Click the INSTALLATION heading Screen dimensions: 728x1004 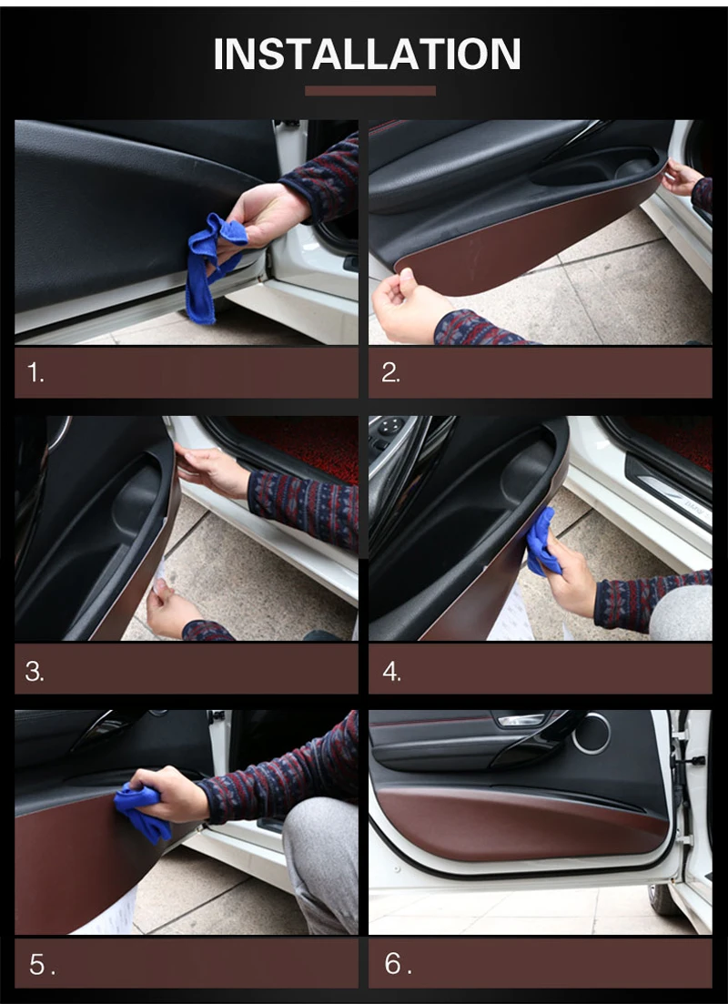[367, 54]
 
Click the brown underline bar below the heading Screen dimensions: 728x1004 [370, 90]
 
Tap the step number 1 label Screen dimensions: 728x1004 [35, 372]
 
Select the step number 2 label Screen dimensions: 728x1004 [390, 372]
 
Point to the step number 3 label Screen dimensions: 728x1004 [35, 672]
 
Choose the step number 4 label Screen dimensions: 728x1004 [391, 672]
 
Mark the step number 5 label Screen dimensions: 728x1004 [42, 964]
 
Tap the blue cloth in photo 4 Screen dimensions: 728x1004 [542, 541]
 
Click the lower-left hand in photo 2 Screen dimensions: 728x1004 [409, 308]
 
